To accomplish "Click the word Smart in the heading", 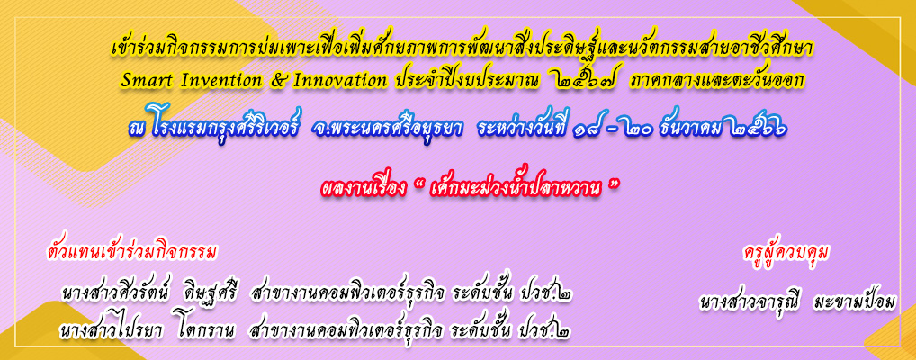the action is (x=141, y=81).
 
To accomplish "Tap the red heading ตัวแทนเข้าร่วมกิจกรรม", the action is (x=130, y=253).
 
